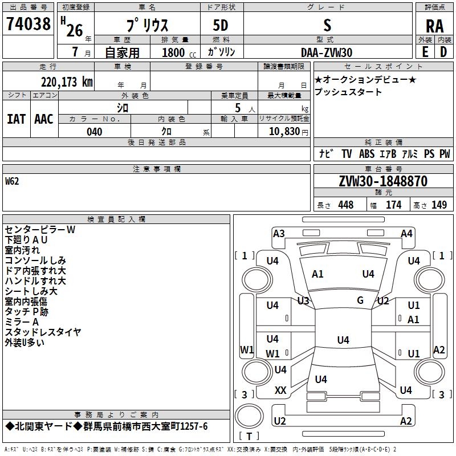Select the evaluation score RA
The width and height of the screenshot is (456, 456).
tap(434, 26)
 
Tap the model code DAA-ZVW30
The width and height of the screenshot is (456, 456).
tap(327, 52)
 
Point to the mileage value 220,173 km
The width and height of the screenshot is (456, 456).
tap(67, 82)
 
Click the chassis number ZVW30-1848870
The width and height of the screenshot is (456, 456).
tap(383, 181)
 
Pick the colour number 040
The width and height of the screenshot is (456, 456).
tap(94, 132)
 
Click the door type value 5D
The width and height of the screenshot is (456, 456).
tap(221, 26)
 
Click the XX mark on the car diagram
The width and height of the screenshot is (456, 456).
tap(280, 390)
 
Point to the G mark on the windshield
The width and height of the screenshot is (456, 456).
tap(360, 300)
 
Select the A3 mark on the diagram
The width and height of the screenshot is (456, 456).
tap(279, 233)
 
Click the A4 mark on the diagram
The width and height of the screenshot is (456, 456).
tap(406, 233)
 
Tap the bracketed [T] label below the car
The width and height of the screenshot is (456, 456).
tap(249, 437)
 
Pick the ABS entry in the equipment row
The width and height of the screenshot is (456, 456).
tap(367, 154)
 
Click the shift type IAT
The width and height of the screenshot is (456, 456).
tap(16, 119)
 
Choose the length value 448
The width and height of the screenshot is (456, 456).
tap(345, 205)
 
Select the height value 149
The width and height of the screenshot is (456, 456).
tap(439, 205)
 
